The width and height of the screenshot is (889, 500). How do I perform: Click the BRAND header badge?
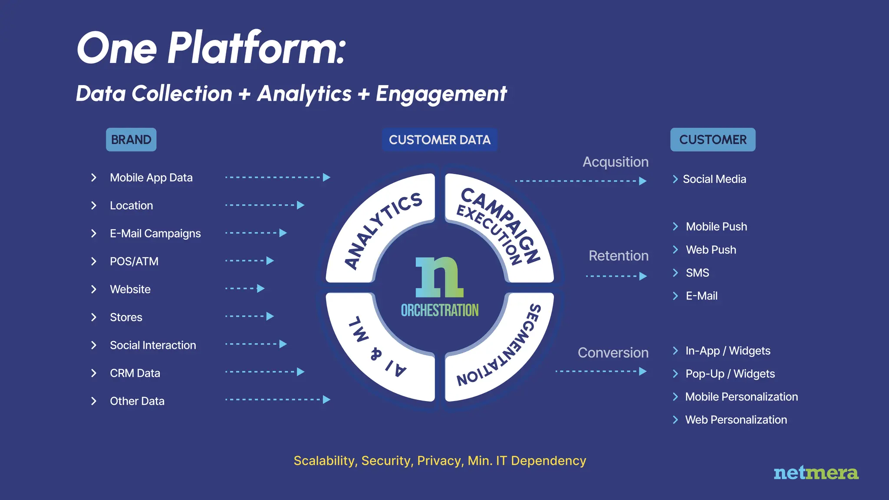131,140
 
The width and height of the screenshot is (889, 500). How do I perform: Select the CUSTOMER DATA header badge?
439,140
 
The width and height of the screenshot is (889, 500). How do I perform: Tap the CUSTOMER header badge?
713,140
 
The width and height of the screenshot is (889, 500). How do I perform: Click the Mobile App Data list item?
151,178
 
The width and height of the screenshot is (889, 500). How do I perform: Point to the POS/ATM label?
134,261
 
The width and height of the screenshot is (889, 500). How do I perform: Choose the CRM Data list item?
135,373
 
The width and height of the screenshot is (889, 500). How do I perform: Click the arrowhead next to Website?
261,289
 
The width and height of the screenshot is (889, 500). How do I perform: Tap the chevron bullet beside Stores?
94,317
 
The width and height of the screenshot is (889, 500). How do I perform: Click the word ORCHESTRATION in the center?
440,310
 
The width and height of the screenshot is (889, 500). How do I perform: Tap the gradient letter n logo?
439,277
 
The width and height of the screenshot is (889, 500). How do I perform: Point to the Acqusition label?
615,162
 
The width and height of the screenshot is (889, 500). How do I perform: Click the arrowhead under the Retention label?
643,276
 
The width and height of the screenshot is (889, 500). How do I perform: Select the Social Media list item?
714,179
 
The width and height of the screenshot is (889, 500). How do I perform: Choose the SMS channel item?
697,273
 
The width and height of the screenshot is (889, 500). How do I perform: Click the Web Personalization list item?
736,420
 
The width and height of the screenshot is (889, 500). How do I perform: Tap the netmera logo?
816,473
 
